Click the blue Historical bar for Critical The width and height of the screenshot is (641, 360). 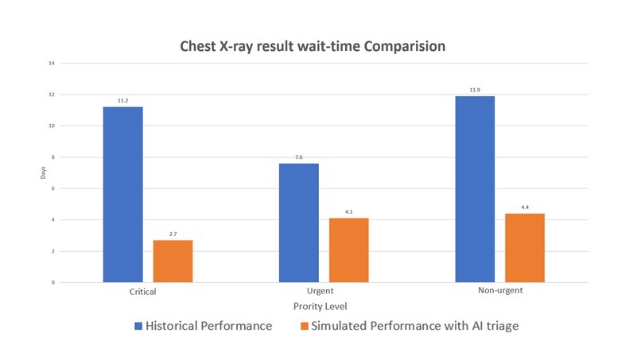[122, 195]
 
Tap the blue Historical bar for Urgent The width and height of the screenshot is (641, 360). [299, 223]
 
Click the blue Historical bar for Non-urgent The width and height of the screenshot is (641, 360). [475, 189]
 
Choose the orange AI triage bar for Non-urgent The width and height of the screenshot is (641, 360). [525, 247]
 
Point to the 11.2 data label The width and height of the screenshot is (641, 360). [122, 101]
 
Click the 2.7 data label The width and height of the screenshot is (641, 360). [173, 234]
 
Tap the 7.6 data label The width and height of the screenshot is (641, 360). [299, 157]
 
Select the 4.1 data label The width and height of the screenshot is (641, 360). [348, 212]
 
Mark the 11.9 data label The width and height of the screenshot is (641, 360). [475, 90]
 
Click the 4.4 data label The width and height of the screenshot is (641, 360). [525, 207]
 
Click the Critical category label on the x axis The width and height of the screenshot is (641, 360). [142, 292]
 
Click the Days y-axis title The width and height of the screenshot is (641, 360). [44, 172]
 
